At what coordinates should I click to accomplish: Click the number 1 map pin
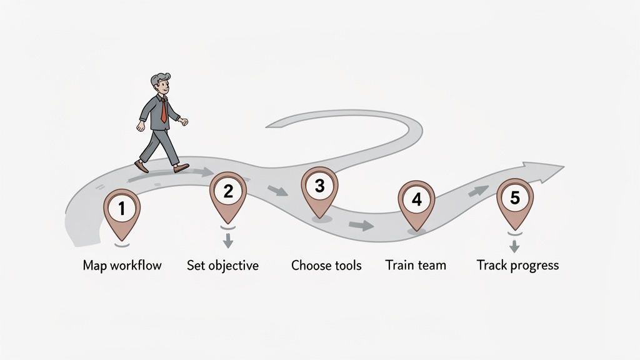121,210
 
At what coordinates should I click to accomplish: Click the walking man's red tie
164,111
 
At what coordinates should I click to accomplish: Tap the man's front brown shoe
181,167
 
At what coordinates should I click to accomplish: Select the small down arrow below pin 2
228,240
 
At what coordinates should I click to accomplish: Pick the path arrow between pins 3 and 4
361,225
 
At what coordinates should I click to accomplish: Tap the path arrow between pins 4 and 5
478,191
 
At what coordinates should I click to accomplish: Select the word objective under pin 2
234,265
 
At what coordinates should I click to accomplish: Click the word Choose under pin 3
311,265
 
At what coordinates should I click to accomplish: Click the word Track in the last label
491,265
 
